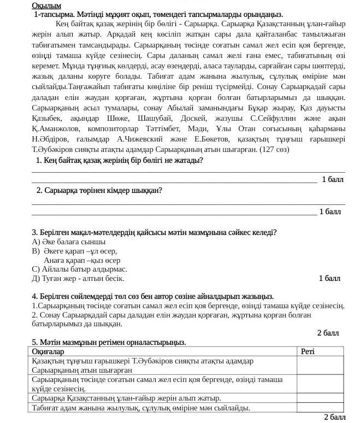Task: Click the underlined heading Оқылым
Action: tap(45, 5)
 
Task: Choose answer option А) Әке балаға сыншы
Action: tap(69, 242)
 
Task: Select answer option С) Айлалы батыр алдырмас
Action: tap(80, 269)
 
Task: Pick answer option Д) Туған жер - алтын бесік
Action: tap(78, 278)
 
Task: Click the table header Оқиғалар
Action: tap(48, 351)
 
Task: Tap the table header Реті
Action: tap(308, 351)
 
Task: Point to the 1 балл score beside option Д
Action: tap(329, 278)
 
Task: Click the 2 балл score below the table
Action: tap(334, 418)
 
